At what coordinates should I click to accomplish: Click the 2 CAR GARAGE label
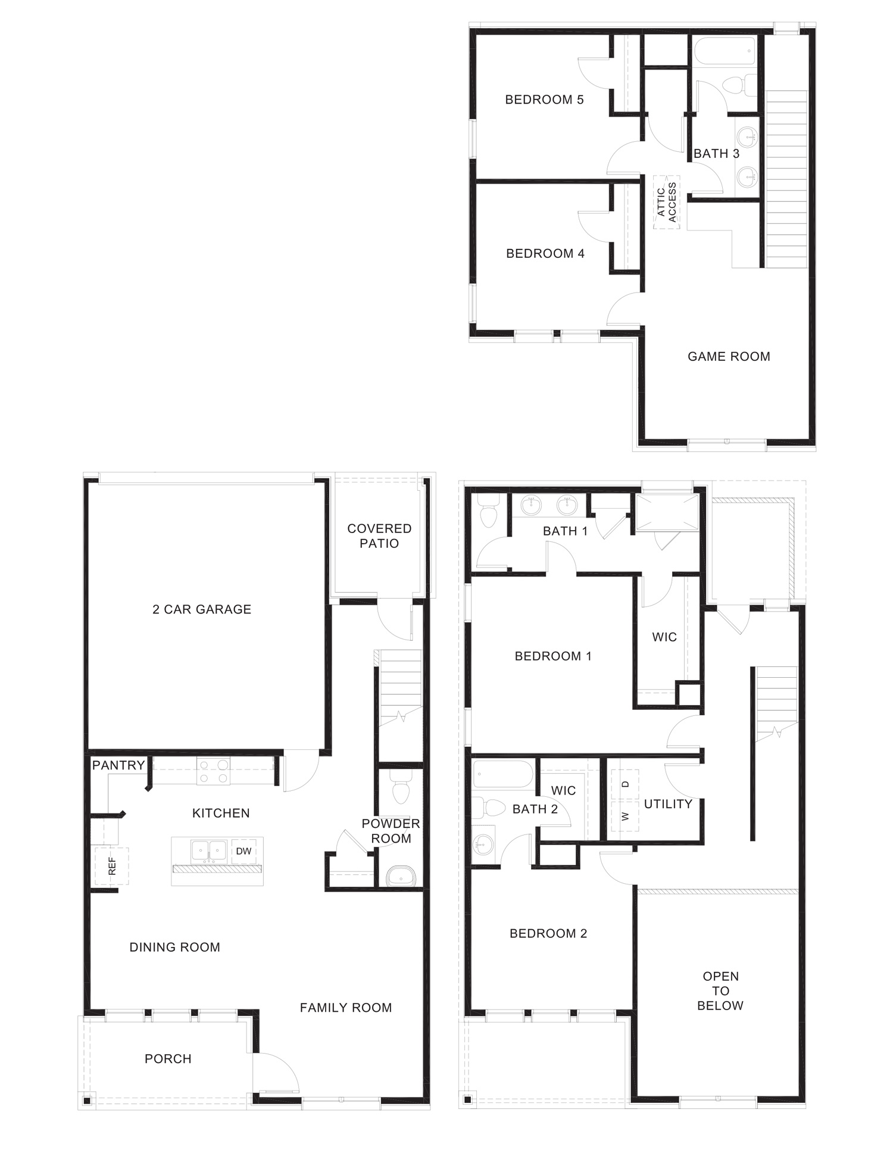(202, 609)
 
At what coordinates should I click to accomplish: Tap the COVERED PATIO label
(379, 536)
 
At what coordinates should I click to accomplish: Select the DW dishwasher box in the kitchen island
(243, 851)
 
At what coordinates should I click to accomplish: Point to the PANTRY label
(118, 765)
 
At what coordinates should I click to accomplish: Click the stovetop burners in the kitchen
(214, 771)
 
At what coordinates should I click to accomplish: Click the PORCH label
(168, 1059)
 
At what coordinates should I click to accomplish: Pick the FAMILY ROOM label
(346, 1008)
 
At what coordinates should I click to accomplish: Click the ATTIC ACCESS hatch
(667, 202)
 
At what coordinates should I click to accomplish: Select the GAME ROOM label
(729, 357)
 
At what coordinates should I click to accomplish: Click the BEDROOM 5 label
(544, 99)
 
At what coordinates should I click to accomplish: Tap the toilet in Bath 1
(488, 514)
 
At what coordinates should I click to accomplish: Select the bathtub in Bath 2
(502, 774)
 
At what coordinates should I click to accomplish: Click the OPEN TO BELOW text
(720, 991)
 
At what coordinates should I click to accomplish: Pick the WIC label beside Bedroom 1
(664, 637)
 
